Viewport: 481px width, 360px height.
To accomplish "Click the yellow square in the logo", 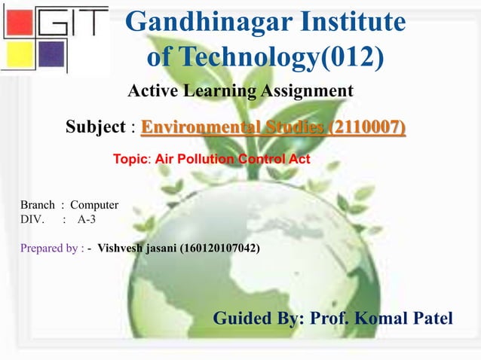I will (x=17, y=53).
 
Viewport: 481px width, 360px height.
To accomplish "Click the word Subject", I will (x=97, y=127).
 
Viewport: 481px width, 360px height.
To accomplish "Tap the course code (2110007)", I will (x=366, y=127).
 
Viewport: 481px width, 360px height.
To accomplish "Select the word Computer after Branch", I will (x=94, y=205).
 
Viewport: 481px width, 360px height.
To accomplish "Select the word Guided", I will (x=245, y=318).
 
